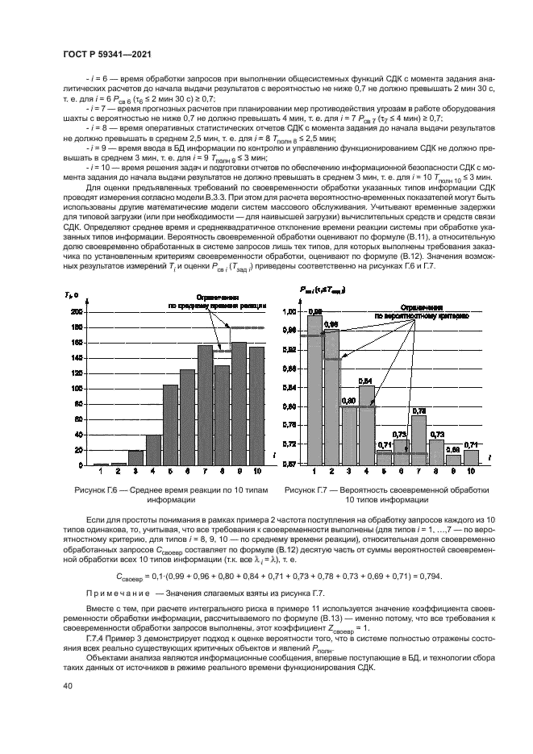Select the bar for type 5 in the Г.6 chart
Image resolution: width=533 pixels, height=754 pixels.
click(x=170, y=425)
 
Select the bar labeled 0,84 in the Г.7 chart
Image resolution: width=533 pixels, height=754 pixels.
click(x=366, y=424)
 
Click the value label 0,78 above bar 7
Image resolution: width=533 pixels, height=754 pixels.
click(x=418, y=410)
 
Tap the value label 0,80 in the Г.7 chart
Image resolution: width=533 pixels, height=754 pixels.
click(x=348, y=400)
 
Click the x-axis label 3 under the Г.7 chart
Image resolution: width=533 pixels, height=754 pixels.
click(x=348, y=471)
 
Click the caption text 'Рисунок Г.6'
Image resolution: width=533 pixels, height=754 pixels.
click(x=108, y=489)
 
